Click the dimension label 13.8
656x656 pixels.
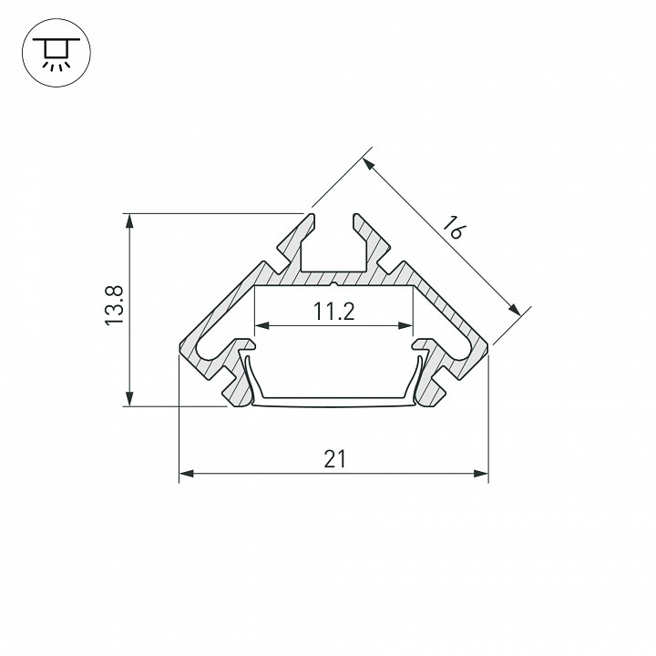coord(113,304)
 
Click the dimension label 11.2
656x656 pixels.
coord(333,312)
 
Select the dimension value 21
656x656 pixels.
coord(334,459)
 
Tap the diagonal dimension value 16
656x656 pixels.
coord(453,228)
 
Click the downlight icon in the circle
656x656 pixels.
coord(56,52)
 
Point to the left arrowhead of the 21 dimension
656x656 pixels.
coord(186,474)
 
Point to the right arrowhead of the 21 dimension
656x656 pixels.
coord(481,474)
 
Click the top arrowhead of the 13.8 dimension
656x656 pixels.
coord(129,220)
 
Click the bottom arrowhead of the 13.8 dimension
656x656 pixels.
coord(129,398)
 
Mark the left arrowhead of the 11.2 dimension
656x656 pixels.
coord(261,325)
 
